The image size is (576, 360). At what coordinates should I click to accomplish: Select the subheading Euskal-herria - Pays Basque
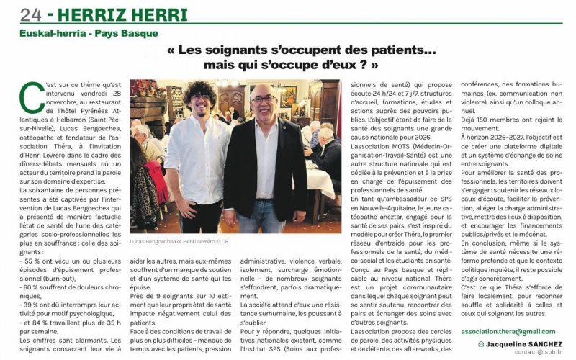point(89,33)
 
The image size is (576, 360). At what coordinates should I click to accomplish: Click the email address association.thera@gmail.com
point(508,331)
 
